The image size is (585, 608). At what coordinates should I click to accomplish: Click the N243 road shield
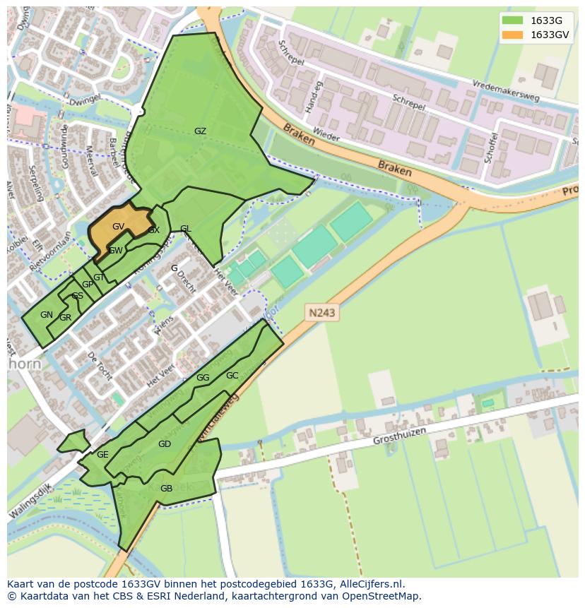tap(321, 311)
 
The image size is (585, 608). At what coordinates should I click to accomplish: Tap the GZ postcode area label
tap(200, 131)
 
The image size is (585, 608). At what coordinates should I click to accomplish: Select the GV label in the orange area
tap(118, 227)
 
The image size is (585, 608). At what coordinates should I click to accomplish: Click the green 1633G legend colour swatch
tap(512, 20)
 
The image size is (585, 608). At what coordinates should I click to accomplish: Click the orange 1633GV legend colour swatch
tap(512, 35)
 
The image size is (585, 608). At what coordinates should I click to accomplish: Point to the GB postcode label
tap(166, 489)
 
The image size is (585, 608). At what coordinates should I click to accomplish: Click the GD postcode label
tap(164, 444)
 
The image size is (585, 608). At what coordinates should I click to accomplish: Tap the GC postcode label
tap(232, 376)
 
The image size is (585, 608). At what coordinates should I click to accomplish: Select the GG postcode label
tap(203, 378)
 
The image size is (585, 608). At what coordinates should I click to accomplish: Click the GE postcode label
tap(102, 455)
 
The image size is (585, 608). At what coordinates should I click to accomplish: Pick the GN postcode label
tap(46, 315)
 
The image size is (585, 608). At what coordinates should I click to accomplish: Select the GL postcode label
tap(185, 229)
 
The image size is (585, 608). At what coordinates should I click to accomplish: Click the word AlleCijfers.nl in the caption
tap(370, 584)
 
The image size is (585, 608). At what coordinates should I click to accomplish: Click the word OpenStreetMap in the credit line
tap(383, 596)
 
